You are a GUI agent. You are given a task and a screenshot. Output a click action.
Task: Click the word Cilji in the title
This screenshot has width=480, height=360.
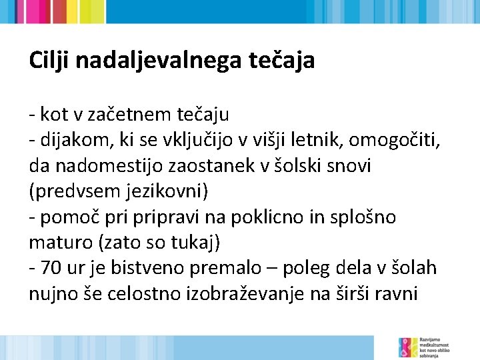(49, 61)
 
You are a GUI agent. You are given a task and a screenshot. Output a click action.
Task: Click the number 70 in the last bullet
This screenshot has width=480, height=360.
(50, 268)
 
